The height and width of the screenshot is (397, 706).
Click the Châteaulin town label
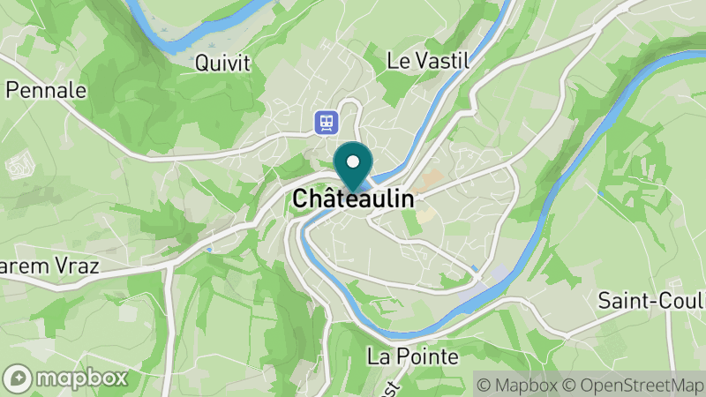(x=353, y=199)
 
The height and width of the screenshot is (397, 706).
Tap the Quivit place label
(x=222, y=64)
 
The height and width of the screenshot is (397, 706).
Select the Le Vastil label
(x=428, y=61)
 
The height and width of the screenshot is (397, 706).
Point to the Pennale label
(x=46, y=90)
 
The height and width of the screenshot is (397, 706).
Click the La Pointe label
(x=413, y=357)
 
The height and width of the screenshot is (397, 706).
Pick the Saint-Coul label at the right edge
(x=651, y=300)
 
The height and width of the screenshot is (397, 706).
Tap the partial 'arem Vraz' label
(x=49, y=266)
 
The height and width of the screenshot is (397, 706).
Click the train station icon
(x=326, y=122)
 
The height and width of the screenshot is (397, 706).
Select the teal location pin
(x=353, y=168)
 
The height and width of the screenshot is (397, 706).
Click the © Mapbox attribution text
(x=520, y=385)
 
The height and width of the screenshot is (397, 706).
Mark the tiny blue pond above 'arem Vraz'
(x=207, y=250)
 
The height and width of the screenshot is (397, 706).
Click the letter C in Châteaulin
(x=300, y=199)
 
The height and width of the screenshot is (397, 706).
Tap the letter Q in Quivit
(x=202, y=64)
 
